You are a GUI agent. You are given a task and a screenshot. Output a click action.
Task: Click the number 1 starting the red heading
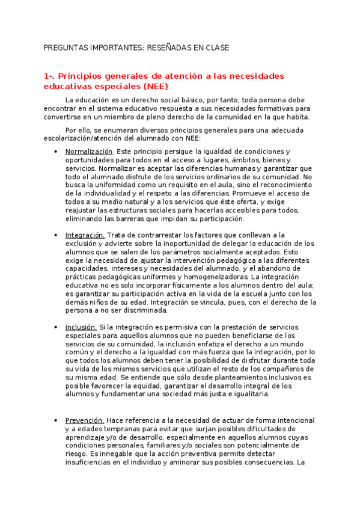46,76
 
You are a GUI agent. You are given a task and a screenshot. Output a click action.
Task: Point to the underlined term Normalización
89,152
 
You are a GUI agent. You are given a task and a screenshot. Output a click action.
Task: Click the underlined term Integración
85,235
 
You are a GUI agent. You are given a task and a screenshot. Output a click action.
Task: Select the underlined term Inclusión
81,327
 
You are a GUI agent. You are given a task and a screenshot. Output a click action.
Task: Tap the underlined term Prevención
85,420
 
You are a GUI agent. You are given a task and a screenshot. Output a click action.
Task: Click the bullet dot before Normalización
55,152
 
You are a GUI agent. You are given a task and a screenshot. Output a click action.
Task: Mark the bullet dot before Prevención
55,421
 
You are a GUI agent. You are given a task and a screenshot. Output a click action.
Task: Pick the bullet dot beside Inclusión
55,328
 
